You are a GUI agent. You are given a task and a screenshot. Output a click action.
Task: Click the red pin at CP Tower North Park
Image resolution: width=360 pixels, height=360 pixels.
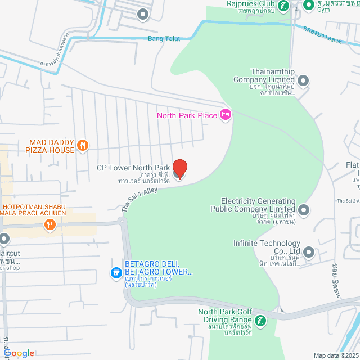[179, 168]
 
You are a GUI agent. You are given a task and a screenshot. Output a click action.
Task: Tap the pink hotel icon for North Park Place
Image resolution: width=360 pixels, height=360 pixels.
[226, 115]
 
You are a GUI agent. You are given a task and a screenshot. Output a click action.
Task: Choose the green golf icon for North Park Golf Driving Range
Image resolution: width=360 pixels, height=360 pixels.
[260, 321]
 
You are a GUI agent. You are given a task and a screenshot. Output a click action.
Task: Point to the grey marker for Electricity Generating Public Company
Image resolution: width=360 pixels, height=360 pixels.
[304, 210]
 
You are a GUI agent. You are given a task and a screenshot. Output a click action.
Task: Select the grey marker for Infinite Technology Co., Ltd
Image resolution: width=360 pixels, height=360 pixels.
[308, 250]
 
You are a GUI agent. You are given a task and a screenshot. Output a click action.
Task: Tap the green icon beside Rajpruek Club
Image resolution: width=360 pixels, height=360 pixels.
[285, 6]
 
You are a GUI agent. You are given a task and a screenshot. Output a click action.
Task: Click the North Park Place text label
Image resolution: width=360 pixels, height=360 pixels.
[187, 116]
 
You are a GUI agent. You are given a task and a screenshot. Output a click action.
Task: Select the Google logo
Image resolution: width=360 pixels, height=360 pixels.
[18, 353]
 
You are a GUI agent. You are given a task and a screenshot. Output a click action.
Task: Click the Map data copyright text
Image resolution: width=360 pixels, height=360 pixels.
[335, 355]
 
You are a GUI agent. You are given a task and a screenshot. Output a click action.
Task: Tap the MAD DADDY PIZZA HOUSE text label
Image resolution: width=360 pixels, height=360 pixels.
[49, 146]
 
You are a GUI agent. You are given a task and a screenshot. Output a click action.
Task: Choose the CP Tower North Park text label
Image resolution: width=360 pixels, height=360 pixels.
[133, 168]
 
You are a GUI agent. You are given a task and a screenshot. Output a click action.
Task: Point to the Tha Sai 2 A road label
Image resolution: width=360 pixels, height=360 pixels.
[348, 200]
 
